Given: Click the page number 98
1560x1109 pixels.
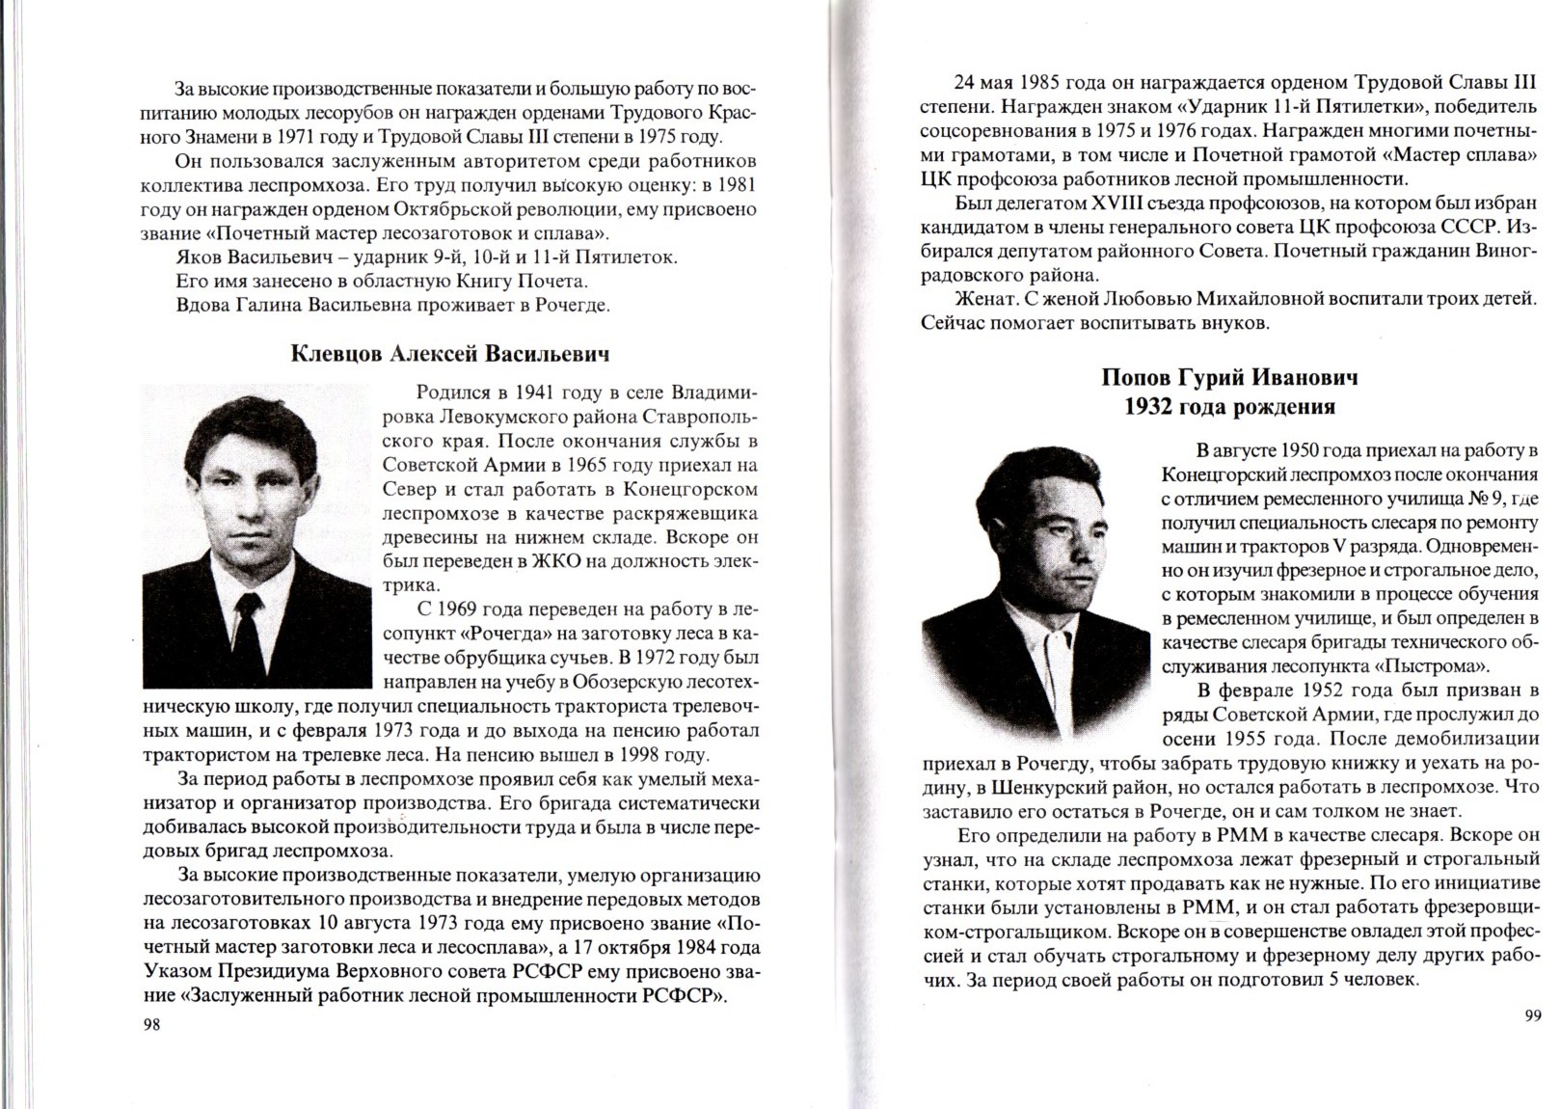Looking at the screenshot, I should [150, 1024].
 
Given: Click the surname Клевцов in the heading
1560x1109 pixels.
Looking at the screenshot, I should [336, 354].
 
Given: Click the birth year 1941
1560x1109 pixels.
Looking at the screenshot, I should [534, 392].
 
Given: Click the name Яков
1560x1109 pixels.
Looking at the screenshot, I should [199, 257].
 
